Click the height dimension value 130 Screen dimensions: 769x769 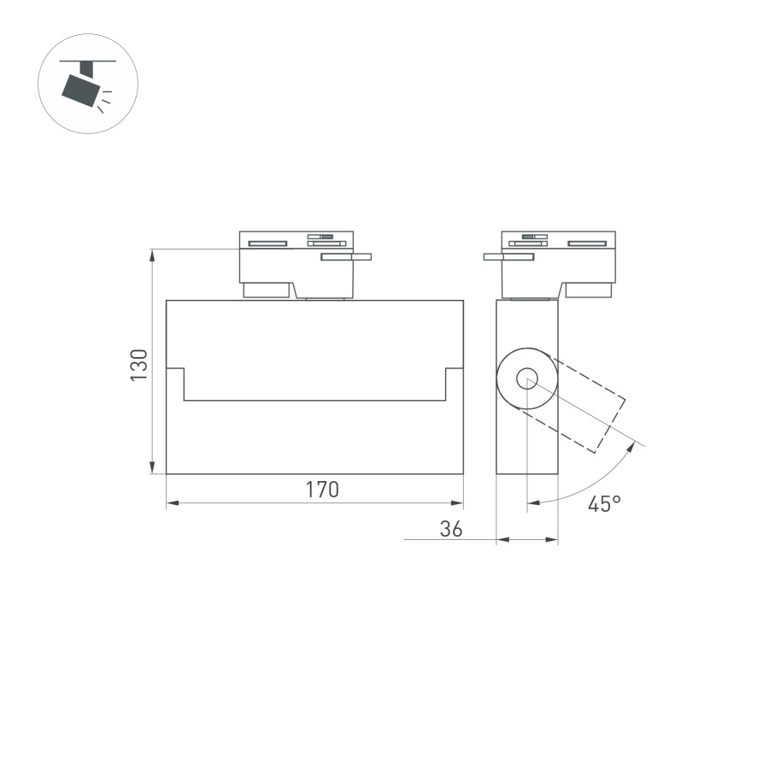(139, 365)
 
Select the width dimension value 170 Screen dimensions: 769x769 (323, 490)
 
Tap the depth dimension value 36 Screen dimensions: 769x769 (450, 529)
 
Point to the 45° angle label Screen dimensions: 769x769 (603, 504)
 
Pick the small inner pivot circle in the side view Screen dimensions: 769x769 (526, 377)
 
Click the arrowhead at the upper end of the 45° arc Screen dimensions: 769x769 (635, 445)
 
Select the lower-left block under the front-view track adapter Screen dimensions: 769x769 (266, 291)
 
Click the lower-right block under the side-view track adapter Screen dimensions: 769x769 (589, 291)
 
